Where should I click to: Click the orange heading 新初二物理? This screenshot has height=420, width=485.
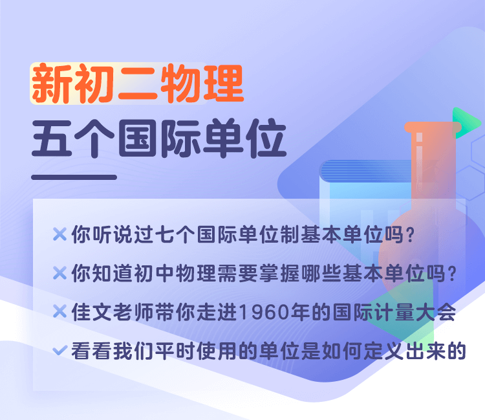[x=138, y=83]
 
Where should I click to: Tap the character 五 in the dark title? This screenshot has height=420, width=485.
[x=52, y=138]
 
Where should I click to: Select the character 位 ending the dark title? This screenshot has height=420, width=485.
[x=266, y=138]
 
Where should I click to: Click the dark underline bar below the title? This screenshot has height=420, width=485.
[x=74, y=177]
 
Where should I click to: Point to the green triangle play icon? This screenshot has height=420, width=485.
[x=466, y=122]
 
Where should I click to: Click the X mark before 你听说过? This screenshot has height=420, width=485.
[x=59, y=234]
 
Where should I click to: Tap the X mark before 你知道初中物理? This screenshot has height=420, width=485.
[x=59, y=273]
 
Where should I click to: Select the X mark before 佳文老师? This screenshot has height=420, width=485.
[x=59, y=311]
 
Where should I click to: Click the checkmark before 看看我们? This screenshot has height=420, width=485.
[x=59, y=350]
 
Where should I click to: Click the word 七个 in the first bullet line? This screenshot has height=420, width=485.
[x=175, y=234]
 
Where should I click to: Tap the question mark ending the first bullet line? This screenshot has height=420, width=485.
[x=411, y=235]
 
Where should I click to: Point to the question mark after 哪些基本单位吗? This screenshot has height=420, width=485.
[x=452, y=274]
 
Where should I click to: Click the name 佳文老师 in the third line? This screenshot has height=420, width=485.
[x=113, y=312]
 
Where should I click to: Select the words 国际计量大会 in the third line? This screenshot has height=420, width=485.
[x=394, y=312]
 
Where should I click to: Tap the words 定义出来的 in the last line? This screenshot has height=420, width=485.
[x=415, y=351]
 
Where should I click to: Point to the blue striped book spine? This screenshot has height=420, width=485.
[x=367, y=171]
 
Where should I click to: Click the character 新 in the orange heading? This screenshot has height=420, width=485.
[x=52, y=83]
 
